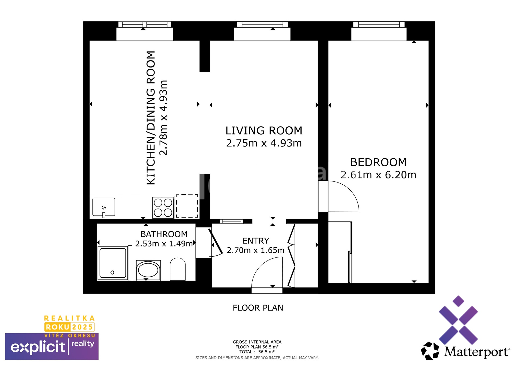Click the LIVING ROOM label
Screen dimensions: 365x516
[x=264, y=131]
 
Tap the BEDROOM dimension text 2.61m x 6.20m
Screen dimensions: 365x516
[x=378, y=175]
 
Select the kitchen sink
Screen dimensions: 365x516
[x=104, y=207]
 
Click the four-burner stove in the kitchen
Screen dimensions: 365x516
[x=163, y=207]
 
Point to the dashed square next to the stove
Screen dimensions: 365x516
[x=187, y=206]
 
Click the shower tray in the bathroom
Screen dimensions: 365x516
[x=113, y=263]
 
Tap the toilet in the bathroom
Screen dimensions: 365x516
[x=178, y=269]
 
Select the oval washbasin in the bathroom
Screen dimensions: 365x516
[x=148, y=270]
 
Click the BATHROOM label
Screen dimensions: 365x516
[x=164, y=234]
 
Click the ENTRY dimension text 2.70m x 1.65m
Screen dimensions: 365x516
[x=255, y=250]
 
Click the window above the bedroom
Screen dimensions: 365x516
[x=379, y=25]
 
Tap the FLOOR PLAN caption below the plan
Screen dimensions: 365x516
[x=258, y=308]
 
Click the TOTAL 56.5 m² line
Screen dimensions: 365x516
[x=257, y=352]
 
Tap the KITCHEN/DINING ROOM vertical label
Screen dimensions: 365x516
[x=151, y=118]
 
